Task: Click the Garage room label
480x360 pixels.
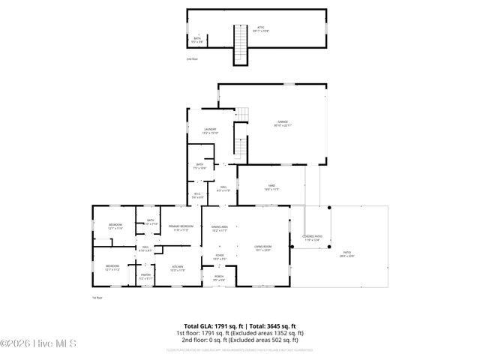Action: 282,122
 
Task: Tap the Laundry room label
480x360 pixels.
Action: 211,130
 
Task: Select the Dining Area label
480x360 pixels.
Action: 220,226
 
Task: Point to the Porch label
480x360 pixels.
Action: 219,277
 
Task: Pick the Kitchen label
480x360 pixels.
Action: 178,267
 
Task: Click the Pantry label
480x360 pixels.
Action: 145,274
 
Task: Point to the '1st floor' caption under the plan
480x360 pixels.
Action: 97,298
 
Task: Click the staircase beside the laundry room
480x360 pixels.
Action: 240,142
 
